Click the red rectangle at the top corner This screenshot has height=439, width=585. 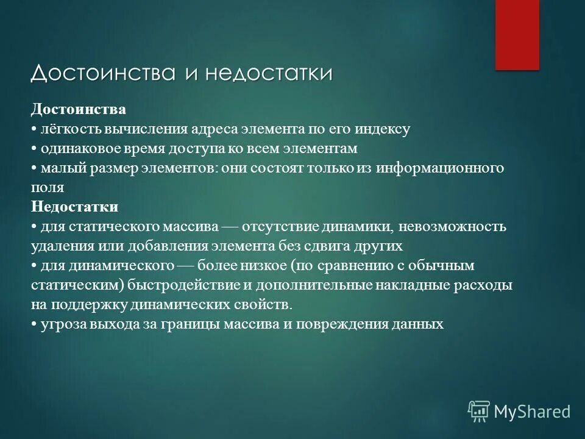pos(517,34)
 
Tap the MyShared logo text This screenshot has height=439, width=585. pos(532,411)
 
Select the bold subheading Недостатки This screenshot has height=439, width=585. pos(74,206)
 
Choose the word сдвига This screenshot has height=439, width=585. pos(331,246)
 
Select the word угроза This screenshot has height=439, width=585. pos(64,324)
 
